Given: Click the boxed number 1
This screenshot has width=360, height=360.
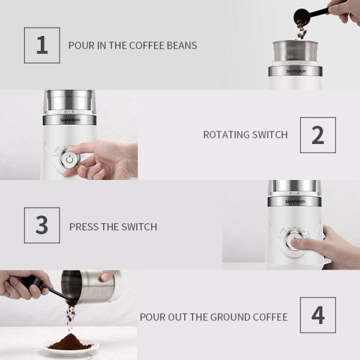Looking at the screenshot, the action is point(42,45).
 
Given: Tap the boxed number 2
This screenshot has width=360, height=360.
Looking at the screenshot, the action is point(318,135).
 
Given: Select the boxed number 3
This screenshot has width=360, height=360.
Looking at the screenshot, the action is point(42,225).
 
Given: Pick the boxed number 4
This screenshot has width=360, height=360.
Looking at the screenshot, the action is point(318,315).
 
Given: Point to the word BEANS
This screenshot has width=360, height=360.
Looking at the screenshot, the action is point(182,46).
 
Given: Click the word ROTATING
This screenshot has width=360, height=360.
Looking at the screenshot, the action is point(226,135).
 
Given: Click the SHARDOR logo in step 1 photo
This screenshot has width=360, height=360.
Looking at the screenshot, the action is point(296,71).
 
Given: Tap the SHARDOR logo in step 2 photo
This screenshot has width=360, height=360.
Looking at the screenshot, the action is point(70,120).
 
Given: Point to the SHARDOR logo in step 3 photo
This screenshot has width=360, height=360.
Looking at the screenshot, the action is point(295,202).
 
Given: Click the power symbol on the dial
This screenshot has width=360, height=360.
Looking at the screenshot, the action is point(70,160).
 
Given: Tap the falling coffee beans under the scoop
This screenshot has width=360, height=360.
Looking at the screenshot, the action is point(302,29).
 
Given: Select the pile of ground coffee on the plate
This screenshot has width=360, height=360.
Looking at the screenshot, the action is point(71,342).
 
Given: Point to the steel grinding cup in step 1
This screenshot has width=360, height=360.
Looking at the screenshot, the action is point(295,52).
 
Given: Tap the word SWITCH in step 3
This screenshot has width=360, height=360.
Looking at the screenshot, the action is point(139,227).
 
